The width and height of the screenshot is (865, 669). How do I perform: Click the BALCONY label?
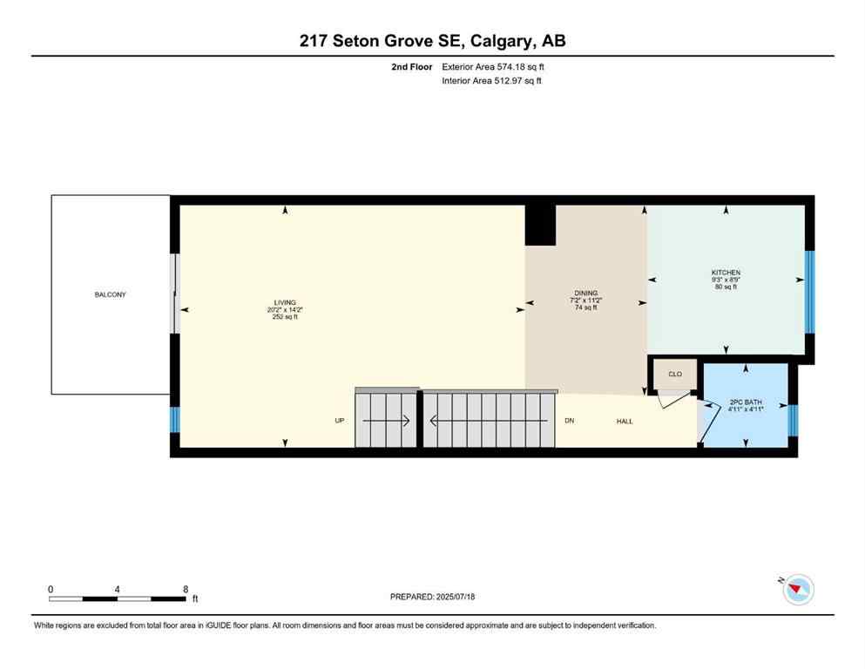pos(110,294)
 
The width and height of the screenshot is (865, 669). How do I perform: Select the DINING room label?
pos(585,294)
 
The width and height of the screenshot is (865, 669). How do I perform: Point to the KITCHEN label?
pos(726,273)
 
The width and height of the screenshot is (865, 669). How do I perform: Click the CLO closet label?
pos(674,374)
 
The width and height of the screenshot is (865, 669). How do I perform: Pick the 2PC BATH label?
pos(746,402)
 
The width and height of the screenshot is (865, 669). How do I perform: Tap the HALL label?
pos(625,421)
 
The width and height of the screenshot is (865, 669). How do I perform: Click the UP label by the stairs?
pos(341,421)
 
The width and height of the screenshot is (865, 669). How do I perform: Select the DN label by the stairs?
pos(569,421)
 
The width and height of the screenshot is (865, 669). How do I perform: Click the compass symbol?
pos(796,590)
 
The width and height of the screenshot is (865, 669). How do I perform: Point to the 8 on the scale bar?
pos(186,589)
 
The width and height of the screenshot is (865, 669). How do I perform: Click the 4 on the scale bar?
pos(117,589)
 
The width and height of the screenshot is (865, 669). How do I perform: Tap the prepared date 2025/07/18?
pos(455,597)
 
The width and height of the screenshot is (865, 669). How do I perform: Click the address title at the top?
pos(432,41)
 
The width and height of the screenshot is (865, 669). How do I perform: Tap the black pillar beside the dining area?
pos(540,225)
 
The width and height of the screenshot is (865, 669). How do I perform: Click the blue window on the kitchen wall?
pos(809,292)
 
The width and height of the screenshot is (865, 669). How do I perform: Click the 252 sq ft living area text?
pos(285,317)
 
